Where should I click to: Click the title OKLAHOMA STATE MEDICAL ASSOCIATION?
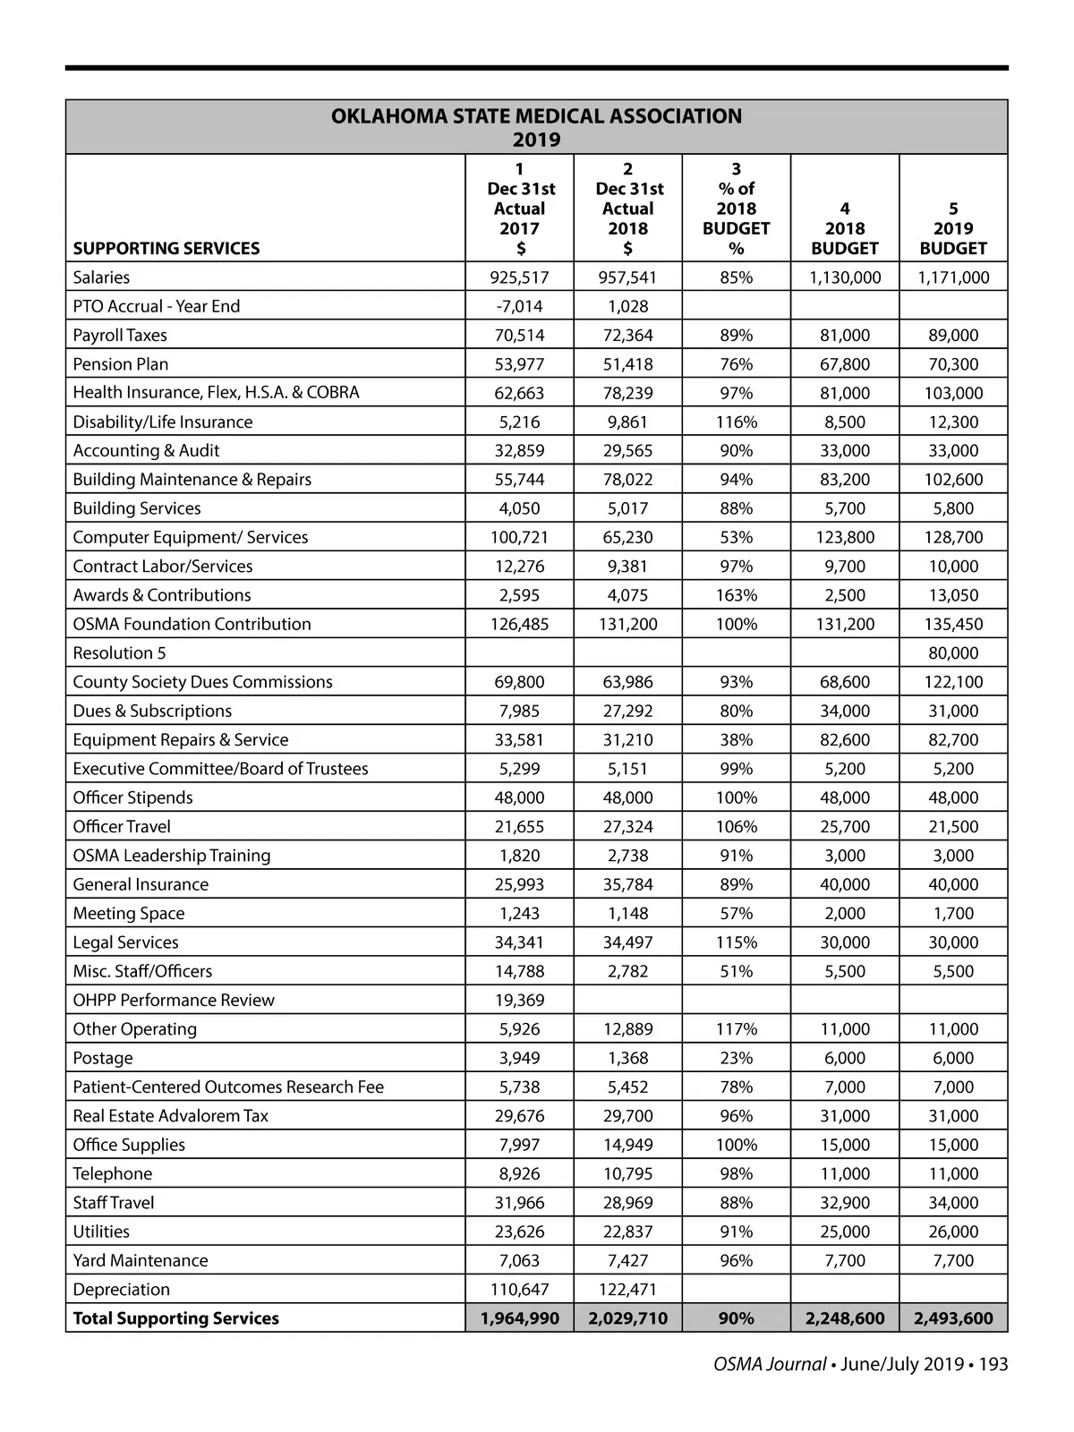(x=536, y=116)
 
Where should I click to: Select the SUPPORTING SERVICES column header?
(x=166, y=248)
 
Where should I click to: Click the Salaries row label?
(x=101, y=277)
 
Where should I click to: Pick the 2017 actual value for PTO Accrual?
(x=519, y=306)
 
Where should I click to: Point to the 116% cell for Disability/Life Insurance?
(x=737, y=422)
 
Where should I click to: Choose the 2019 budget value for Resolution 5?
(x=953, y=652)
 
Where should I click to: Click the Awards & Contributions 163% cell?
(x=737, y=595)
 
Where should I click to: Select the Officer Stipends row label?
(x=132, y=797)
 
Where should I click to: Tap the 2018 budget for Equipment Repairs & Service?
(x=845, y=739)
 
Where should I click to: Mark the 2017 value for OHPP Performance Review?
(x=519, y=1000)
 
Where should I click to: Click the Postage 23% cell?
(x=737, y=1058)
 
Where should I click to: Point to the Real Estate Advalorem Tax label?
(x=170, y=1115)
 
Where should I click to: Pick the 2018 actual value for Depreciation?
(x=627, y=1289)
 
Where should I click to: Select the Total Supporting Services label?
(x=175, y=1318)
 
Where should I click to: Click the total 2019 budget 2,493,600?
(x=953, y=1318)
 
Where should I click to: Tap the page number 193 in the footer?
(x=993, y=1364)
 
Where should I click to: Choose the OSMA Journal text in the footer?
(x=770, y=1364)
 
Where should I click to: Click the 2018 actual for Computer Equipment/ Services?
(x=627, y=537)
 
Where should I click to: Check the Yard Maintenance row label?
(x=140, y=1260)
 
